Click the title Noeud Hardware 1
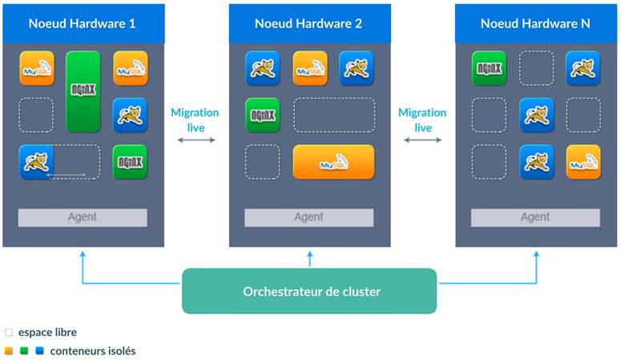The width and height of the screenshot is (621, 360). [82, 23]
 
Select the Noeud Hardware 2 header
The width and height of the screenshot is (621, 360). [308, 23]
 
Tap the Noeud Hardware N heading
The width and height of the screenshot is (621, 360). [535, 23]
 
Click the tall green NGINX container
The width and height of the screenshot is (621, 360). [83, 91]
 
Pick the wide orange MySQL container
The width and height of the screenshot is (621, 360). [333, 162]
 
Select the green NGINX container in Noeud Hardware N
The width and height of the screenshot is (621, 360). [489, 68]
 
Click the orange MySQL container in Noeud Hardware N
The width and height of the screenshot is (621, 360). [583, 162]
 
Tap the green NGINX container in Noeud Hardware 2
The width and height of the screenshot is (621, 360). [263, 115]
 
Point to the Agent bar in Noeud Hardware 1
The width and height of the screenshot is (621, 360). [83, 217]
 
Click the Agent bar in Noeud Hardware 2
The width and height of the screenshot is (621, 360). [308, 217]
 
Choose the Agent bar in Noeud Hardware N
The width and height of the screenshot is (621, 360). [535, 217]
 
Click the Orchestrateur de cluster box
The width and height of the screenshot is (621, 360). [309, 291]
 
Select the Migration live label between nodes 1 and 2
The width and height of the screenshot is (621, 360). [195, 120]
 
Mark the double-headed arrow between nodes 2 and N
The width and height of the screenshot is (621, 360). [422, 141]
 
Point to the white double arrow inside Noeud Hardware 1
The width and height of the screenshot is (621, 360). [66, 173]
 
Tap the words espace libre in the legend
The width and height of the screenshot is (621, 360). [47, 332]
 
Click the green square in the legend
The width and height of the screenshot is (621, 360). [24, 350]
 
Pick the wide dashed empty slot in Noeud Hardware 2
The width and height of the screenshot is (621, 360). [334, 115]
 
